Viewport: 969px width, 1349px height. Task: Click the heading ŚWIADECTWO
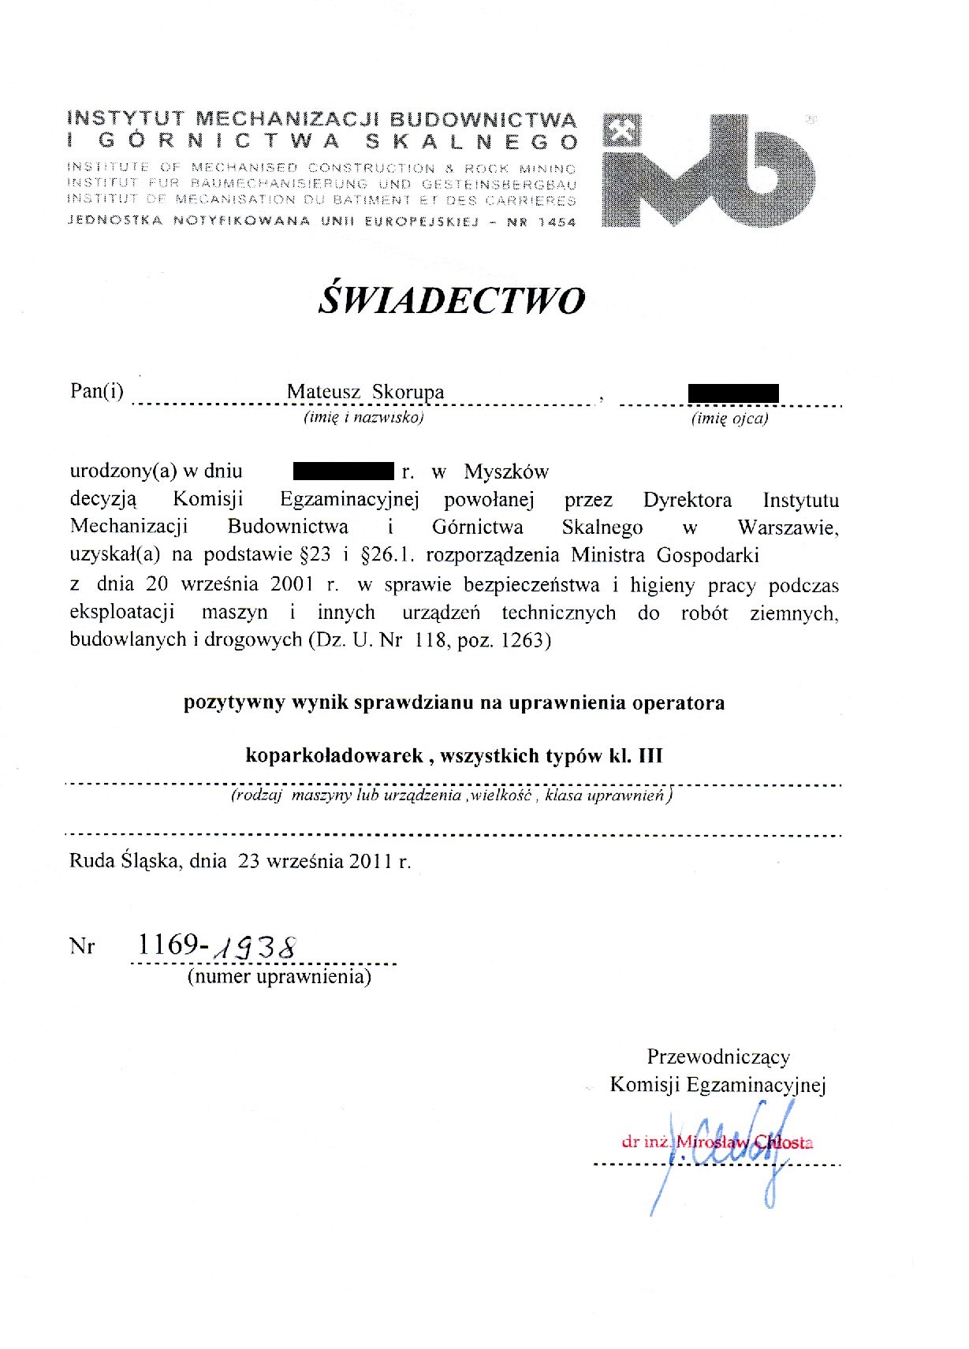452,300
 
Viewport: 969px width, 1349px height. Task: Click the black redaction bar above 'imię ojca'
733,393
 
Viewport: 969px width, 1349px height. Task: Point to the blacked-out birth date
343,471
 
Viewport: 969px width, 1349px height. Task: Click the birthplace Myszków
505,472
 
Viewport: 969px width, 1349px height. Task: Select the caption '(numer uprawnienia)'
279,977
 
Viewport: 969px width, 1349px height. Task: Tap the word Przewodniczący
718,1056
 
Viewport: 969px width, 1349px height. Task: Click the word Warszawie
788,527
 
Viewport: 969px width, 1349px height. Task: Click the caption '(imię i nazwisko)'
364,418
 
